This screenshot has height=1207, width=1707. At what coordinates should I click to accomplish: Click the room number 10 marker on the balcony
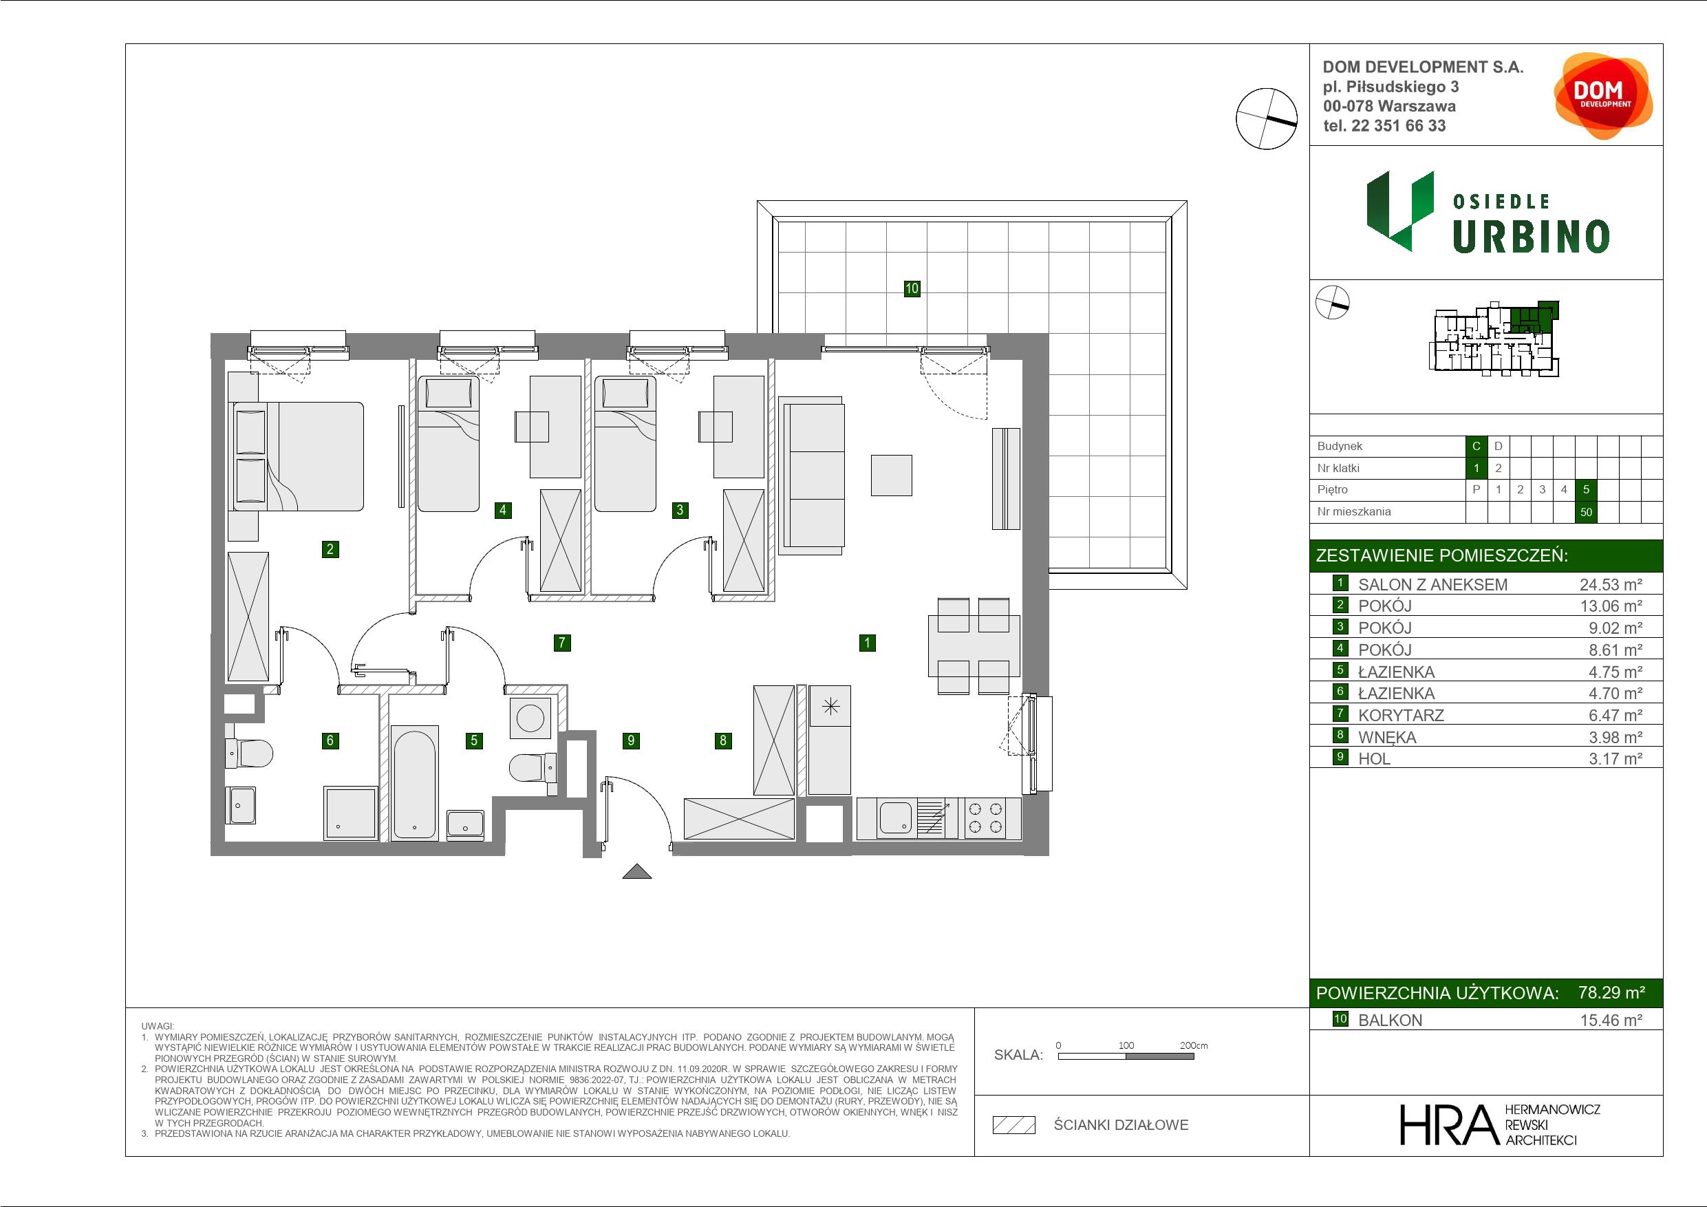[912, 288]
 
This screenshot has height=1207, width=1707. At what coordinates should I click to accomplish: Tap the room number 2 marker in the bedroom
[330, 549]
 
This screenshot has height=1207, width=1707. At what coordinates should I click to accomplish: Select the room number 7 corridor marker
[562, 643]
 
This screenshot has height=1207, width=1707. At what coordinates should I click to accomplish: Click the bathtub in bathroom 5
[415, 785]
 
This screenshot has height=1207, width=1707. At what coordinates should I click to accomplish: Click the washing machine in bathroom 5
[530, 718]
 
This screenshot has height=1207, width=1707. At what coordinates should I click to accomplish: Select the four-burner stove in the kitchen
[985, 818]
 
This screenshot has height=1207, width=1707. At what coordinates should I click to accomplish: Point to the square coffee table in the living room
[892, 476]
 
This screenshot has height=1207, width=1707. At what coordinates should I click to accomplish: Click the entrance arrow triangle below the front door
[636, 871]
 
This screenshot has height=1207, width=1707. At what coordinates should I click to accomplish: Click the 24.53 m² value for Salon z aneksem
[1611, 584]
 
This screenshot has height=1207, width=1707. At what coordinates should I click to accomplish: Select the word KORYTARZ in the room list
[1401, 716]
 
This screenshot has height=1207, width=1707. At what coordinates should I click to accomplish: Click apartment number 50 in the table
[1586, 512]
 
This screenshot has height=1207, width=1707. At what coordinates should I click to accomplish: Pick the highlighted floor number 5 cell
[1586, 489]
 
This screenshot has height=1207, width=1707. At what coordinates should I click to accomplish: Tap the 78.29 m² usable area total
[1611, 992]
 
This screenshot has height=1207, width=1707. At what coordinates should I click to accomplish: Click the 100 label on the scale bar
[1126, 1045]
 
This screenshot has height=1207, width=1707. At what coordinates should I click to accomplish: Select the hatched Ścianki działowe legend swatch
[1014, 1124]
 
